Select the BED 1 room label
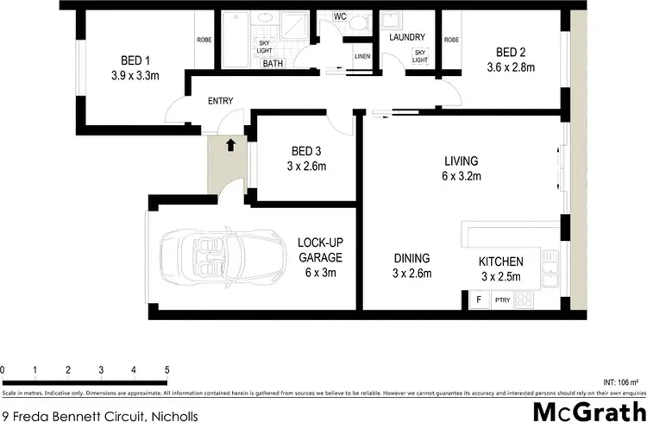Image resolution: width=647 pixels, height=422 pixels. [x=136, y=60]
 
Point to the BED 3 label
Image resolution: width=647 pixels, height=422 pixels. [x=307, y=150]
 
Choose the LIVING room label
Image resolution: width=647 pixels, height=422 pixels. [x=461, y=161]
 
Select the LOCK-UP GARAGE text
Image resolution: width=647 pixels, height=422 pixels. [x=320, y=249]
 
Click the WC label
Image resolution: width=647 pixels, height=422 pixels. [x=339, y=16]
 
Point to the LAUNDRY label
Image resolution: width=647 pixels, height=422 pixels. [x=406, y=37]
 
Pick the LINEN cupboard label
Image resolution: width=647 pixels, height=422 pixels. [x=362, y=58]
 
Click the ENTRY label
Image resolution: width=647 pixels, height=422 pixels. [x=221, y=101]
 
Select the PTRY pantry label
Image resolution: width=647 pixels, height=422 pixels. [x=503, y=300]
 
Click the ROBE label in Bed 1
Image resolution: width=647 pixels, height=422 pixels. [x=204, y=40]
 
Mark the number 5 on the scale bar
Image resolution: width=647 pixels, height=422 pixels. [x=166, y=369]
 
